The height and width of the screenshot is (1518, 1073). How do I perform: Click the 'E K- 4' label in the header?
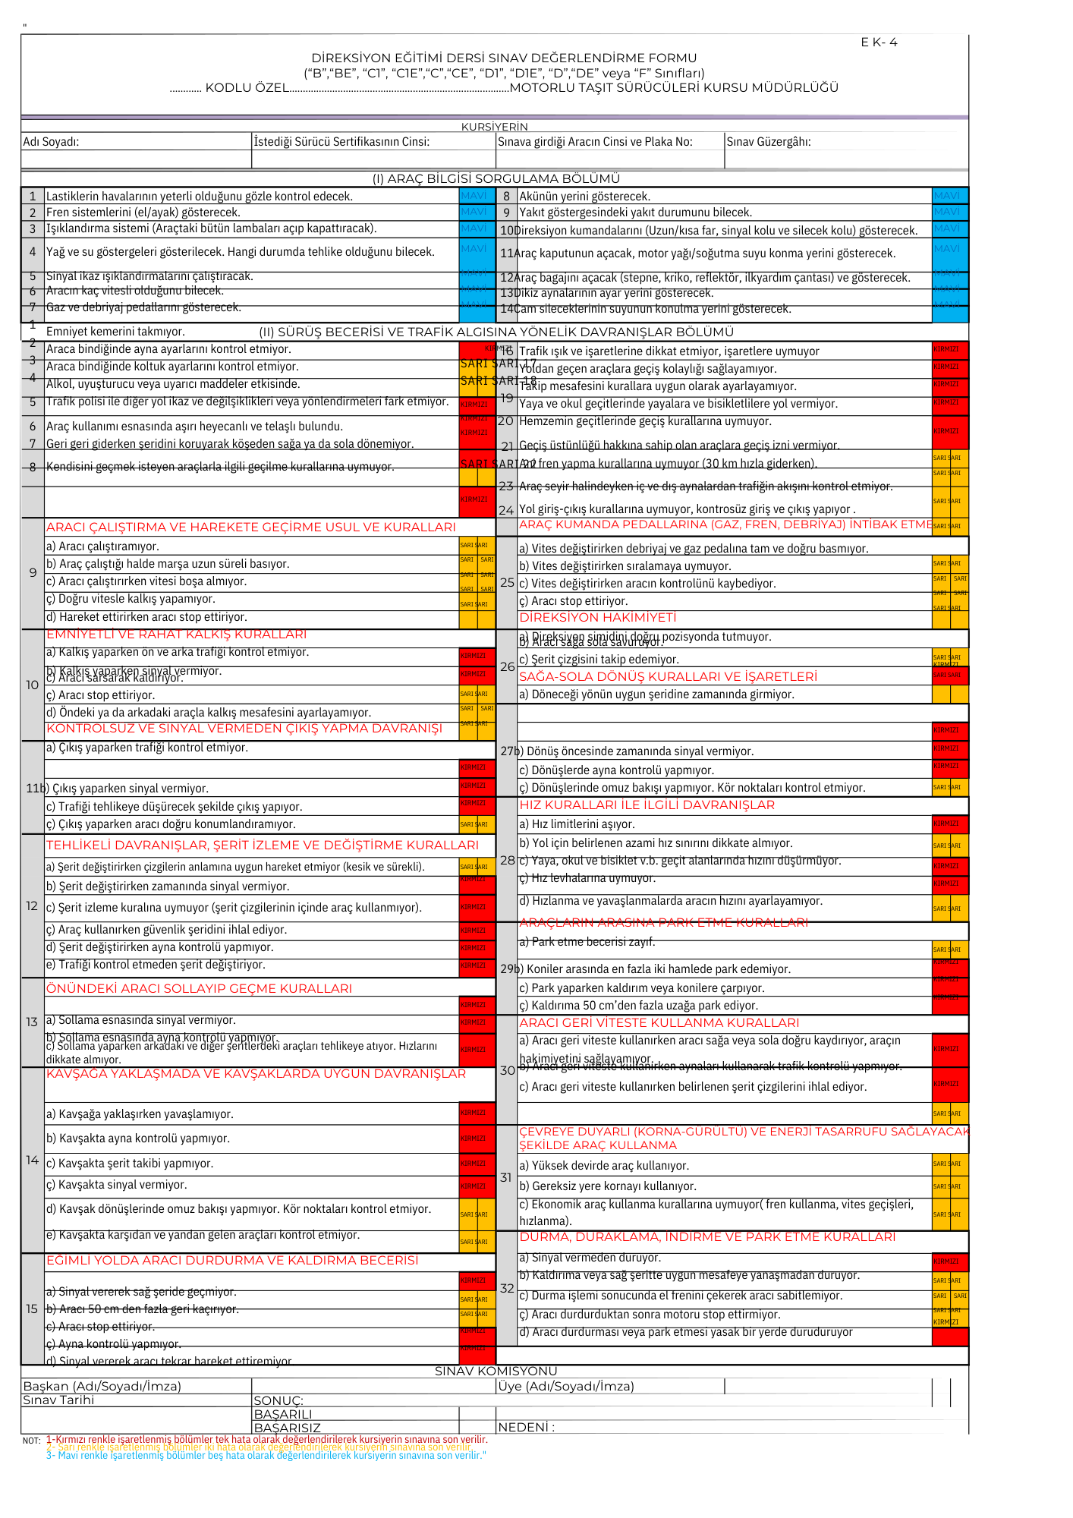pos(879,43)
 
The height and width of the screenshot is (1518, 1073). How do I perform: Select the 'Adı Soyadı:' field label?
pos(51,142)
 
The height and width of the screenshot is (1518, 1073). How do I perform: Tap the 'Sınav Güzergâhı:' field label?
pos(769,142)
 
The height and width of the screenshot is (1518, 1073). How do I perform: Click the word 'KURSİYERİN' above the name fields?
pos(494,127)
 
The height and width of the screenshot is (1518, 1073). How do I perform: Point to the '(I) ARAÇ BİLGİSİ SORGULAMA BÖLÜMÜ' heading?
pos(496,179)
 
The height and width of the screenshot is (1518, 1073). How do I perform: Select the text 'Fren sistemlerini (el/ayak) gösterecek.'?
pos(143,213)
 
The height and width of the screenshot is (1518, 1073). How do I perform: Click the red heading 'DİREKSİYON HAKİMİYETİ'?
pos(597,618)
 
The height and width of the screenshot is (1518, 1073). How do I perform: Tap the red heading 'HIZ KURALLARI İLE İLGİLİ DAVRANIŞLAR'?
pos(647,805)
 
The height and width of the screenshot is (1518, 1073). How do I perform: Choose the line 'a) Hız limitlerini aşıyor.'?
pos(577,824)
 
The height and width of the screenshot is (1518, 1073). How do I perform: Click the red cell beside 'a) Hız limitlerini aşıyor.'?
pos(949,824)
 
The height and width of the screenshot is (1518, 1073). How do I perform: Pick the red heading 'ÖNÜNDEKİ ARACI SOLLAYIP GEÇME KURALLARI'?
pos(200,989)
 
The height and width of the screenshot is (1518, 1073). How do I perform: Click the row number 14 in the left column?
pos(32,1161)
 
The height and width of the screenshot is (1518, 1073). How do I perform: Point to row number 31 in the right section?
pos(506,1177)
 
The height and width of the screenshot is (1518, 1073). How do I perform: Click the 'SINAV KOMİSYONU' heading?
pos(496,1372)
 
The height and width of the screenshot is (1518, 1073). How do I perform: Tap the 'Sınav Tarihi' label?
pos(58,1400)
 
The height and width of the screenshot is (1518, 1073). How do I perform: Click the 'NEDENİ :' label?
pos(526,1428)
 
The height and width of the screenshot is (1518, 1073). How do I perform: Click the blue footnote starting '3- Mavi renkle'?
pos(266,1455)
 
